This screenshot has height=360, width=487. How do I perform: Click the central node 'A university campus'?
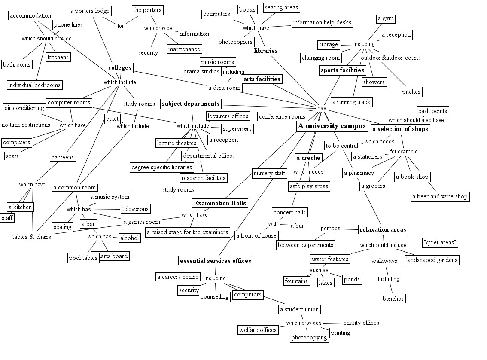coord(332,126)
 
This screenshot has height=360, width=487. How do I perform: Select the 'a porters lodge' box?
coord(90,11)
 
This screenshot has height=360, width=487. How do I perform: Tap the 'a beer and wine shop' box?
coord(440,197)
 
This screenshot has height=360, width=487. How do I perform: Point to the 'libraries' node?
coord(266,51)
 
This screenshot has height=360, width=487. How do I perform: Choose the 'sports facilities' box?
coord(342,70)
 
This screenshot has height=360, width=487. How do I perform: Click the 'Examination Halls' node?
coord(220,203)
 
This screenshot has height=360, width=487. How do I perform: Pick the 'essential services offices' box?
coord(215,261)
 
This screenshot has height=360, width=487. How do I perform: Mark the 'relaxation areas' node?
coord(383,229)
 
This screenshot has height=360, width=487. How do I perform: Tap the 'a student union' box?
coord(299,309)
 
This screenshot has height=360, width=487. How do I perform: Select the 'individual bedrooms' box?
coord(35,85)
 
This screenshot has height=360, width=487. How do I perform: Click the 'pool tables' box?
coord(83,258)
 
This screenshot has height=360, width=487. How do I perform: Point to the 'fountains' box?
coord(296,281)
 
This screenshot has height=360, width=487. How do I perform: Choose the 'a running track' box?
coord(351,102)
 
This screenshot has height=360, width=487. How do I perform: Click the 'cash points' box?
coord(432,111)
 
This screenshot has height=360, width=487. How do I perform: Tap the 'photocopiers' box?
coord(236,42)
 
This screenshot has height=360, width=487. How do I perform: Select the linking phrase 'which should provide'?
coord(46,39)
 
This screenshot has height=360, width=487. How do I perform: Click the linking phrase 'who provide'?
coord(158,28)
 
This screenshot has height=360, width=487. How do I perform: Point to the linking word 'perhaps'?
coord(330,229)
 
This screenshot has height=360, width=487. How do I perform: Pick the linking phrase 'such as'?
coord(319,270)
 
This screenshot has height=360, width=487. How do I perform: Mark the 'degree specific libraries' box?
coord(162,167)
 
